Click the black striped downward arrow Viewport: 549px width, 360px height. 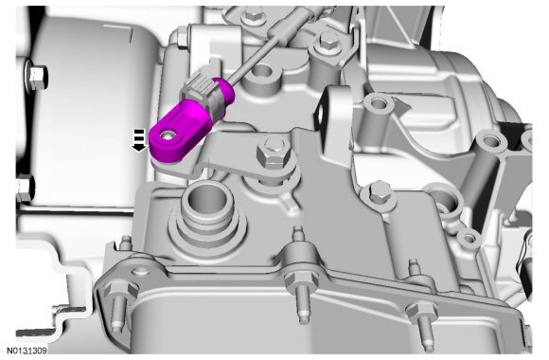coord(139,140)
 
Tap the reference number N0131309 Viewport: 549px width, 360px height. coord(27,351)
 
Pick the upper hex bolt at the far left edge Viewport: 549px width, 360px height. coord(36,77)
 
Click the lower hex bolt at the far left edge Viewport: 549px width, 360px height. coord(25,189)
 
